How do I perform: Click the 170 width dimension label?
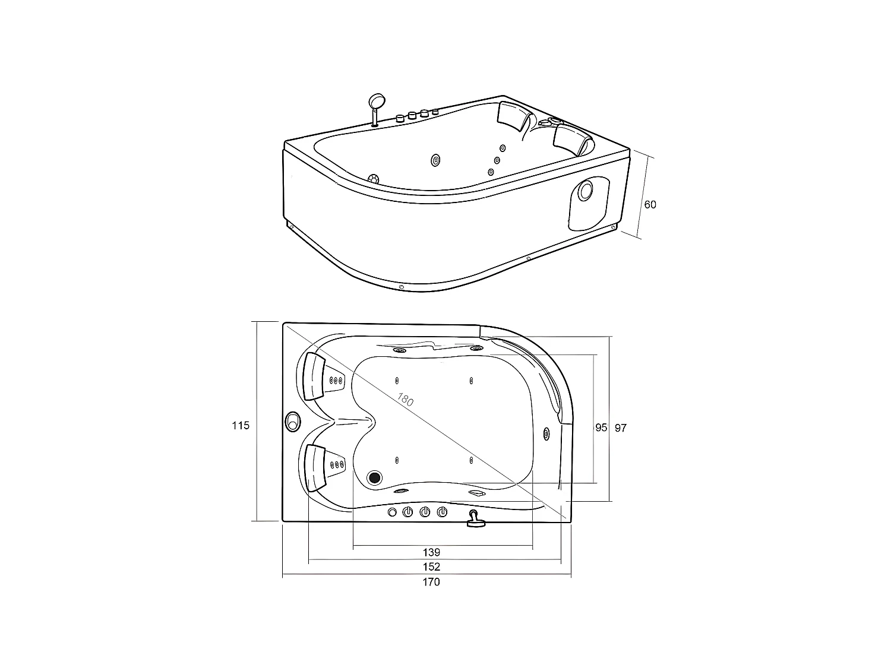[x=431, y=582]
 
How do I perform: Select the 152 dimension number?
[x=432, y=567]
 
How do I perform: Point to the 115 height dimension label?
[x=241, y=425]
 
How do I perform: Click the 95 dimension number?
[x=601, y=428]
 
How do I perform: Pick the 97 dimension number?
[x=621, y=428]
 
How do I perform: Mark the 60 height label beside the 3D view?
[x=650, y=204]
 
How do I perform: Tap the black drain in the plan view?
[x=375, y=477]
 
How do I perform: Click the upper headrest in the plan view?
[x=313, y=376]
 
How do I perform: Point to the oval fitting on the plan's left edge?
[x=292, y=421]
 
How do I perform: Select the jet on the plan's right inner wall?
[x=546, y=433]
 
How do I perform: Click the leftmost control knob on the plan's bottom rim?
[x=392, y=512]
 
